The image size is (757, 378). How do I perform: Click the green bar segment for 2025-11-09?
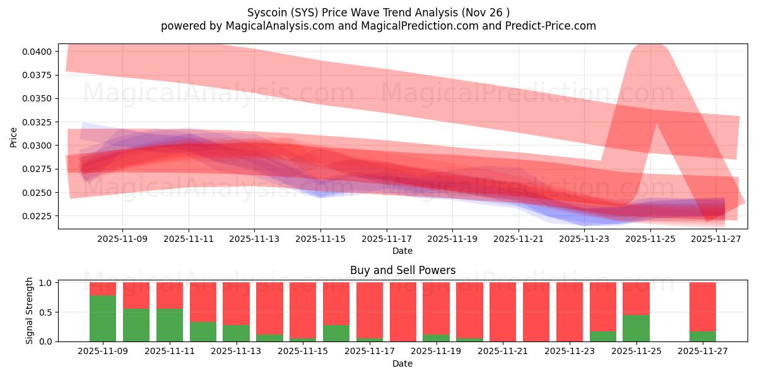[x=103, y=318]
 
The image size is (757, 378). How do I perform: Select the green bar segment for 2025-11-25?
[x=636, y=328]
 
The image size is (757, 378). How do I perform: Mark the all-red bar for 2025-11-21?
[x=503, y=312]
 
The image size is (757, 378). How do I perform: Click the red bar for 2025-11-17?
[x=369, y=310]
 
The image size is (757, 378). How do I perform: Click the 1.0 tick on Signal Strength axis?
[x=47, y=283]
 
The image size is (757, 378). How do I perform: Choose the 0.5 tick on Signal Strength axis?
[x=47, y=312]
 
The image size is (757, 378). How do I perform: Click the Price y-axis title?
[x=14, y=137]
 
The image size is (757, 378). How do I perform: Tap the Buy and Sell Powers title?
[x=402, y=270]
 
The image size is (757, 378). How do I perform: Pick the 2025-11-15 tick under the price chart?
[x=320, y=239]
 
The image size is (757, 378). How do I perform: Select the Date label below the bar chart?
[x=402, y=364]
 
